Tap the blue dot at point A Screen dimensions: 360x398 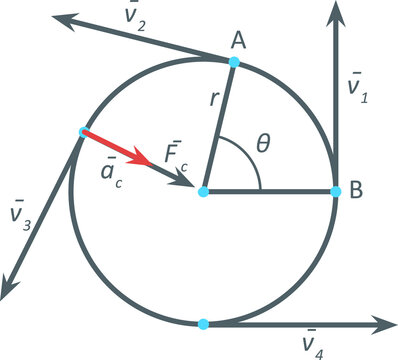pos(234,62)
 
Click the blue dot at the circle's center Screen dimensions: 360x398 pos(203,191)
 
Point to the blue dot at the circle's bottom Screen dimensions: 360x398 pos(203,324)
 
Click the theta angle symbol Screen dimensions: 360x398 pos(263,143)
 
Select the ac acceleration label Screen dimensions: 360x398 pos(110,169)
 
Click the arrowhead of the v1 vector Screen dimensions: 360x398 pos(336,12)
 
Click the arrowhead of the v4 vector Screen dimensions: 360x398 pos(387,324)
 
